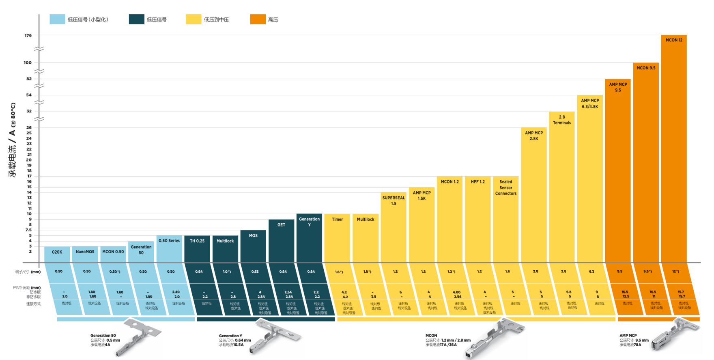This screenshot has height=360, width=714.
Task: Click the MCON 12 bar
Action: click(x=673, y=150)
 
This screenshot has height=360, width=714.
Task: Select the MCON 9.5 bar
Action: click(x=646, y=162)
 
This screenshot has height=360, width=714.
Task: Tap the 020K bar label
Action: click(x=57, y=252)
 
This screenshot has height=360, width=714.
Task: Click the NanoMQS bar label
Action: click(x=85, y=252)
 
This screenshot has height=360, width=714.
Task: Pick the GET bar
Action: click(x=281, y=241)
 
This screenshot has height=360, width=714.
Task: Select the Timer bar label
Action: click(x=337, y=219)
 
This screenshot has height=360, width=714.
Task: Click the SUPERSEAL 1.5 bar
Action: click(x=394, y=227)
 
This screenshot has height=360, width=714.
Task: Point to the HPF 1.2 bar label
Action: click(x=478, y=182)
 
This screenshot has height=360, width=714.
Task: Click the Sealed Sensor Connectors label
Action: click(x=506, y=188)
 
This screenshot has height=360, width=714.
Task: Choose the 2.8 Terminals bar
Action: click(x=562, y=187)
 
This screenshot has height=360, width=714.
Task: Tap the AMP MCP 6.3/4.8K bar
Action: click(x=590, y=179)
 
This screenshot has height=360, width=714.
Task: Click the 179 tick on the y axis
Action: click(x=28, y=36)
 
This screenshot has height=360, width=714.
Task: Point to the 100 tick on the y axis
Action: click(x=28, y=63)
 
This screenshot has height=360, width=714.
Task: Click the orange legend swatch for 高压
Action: click(x=258, y=19)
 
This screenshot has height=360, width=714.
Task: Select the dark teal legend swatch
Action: click(x=137, y=19)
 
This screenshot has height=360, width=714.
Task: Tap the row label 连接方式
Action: click(x=33, y=304)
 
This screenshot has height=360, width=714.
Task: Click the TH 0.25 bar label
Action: click(x=197, y=241)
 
